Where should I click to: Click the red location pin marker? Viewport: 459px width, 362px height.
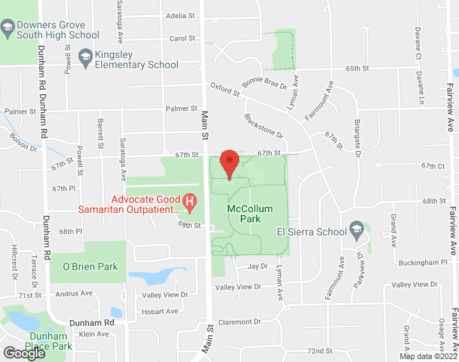229,163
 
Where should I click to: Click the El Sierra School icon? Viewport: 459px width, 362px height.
356,232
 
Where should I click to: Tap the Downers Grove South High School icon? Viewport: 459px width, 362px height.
7,29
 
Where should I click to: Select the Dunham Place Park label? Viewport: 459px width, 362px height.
46,341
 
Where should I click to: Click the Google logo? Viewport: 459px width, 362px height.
23,353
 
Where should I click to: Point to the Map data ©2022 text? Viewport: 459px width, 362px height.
426,355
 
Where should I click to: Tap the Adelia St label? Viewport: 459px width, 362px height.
180,15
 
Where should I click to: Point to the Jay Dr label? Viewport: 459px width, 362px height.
252,266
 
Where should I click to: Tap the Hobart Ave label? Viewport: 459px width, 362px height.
160,311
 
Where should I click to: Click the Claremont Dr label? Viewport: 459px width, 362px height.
241,321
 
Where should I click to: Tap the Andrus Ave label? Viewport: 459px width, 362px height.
75,293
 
